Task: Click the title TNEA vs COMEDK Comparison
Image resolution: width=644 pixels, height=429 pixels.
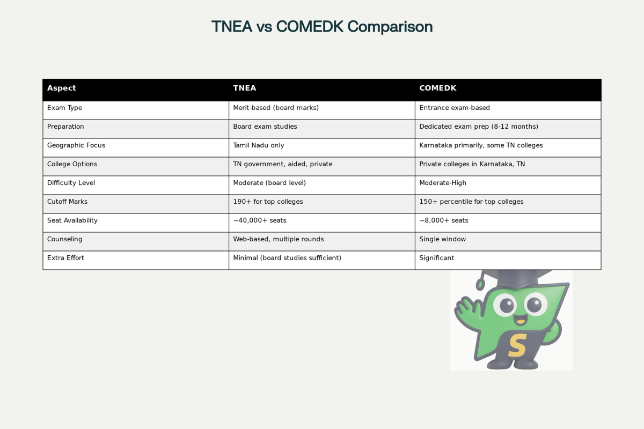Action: tap(322, 26)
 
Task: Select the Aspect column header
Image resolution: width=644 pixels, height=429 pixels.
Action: tap(62, 88)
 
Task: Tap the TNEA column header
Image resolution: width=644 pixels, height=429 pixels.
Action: tap(245, 88)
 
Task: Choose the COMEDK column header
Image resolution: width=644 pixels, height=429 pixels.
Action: tap(438, 88)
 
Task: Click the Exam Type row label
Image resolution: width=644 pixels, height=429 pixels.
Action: tap(65, 108)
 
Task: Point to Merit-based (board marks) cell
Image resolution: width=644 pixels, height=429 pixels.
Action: tap(276, 108)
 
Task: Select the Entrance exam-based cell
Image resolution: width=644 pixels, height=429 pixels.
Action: tap(455, 108)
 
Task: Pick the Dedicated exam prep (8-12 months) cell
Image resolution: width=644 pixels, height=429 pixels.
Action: tap(479, 127)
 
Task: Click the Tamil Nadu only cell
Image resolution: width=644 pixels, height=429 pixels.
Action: tap(259, 145)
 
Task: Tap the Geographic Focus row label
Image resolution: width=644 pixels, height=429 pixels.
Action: tap(76, 145)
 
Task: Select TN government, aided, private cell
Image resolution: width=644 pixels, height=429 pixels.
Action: tap(283, 164)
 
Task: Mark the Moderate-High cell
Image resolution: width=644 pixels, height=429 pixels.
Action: tap(443, 183)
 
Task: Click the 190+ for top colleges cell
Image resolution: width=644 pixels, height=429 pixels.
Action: tap(268, 202)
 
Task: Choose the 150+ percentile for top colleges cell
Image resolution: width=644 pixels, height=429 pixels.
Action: tap(471, 202)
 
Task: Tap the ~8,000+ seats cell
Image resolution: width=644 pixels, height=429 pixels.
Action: tap(444, 220)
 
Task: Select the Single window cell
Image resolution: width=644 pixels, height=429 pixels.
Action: tap(443, 239)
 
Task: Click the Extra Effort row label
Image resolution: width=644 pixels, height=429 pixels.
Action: tap(65, 258)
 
